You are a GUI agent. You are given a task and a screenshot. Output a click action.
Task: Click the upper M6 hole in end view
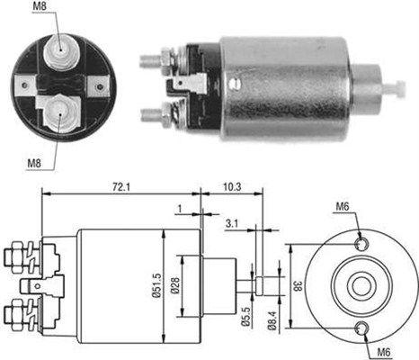click(x=361, y=243)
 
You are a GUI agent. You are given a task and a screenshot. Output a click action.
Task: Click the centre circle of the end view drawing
click(x=361, y=284)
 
